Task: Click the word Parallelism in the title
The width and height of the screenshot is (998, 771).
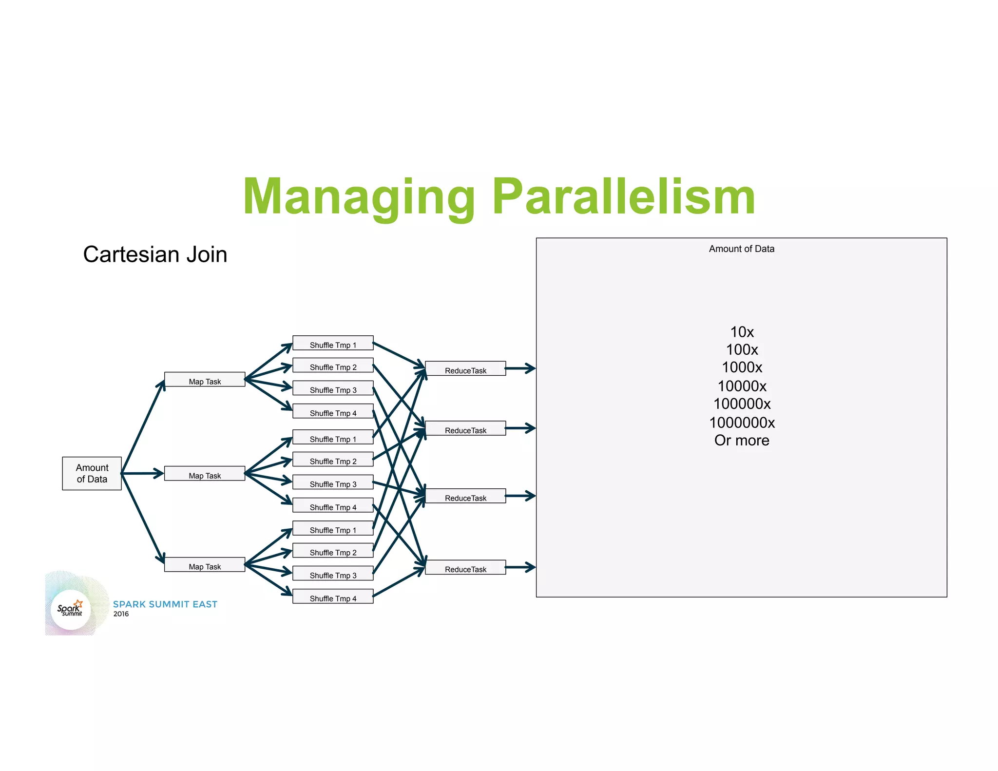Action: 624,197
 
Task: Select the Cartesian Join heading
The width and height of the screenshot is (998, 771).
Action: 155,254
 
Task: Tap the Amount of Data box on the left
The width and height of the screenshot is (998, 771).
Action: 92,473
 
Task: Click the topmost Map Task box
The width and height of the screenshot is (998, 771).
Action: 205,380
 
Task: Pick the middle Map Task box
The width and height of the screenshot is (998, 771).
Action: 205,474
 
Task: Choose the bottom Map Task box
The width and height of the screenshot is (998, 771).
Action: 205,565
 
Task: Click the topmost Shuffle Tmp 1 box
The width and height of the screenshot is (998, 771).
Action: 333,343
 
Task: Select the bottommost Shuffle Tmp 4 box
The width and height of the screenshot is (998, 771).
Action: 333,597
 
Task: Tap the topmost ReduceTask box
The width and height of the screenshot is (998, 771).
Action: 465,369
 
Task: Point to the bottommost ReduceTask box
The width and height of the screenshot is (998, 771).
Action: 465,567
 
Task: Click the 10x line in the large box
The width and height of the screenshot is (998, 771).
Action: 742,332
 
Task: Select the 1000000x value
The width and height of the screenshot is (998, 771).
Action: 742,423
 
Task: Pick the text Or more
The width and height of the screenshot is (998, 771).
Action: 742,441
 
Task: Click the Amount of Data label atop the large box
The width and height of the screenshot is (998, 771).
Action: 741,249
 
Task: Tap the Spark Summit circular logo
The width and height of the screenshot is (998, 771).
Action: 71,609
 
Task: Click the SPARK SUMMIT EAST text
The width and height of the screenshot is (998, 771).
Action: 165,604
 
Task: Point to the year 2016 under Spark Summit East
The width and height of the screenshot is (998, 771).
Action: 121,614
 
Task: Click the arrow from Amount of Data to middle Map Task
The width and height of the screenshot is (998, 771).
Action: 142,473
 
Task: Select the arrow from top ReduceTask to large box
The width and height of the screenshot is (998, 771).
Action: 520,368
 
